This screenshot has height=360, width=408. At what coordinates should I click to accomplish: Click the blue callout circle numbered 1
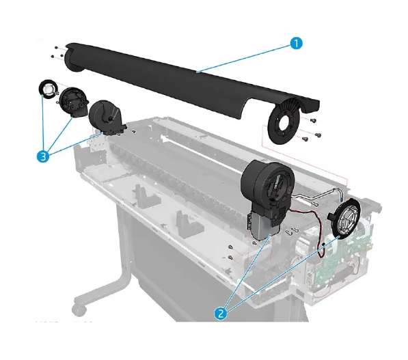(295, 42)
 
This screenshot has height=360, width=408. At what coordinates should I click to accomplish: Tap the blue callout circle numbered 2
(221, 313)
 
